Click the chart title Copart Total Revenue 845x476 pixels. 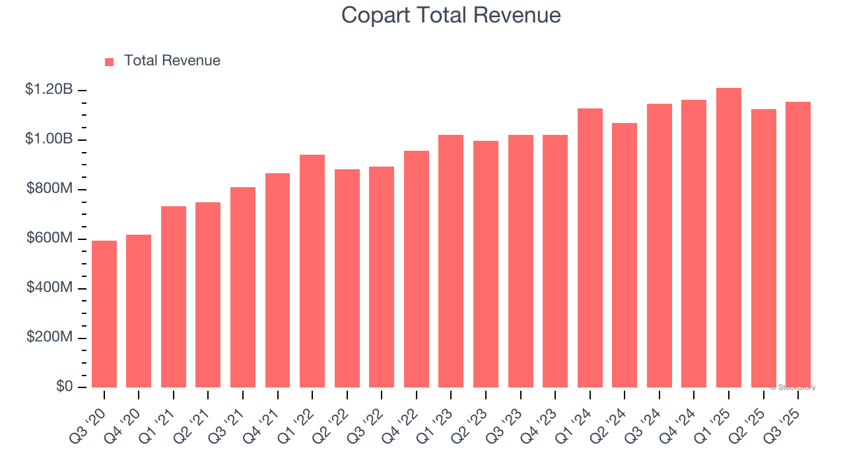click(x=451, y=15)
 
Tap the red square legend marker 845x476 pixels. click(x=110, y=61)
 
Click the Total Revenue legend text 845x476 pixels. click(x=172, y=61)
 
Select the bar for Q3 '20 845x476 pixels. click(x=104, y=314)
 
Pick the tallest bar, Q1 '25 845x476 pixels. click(x=729, y=238)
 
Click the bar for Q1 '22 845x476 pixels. click(x=312, y=271)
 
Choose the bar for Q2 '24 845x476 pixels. click(x=625, y=255)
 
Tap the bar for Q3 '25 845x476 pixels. click(x=798, y=245)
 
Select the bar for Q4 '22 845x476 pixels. click(x=417, y=269)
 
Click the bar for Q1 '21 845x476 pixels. click(x=174, y=297)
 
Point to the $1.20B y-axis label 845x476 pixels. click(x=49, y=89)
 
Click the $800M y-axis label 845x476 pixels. click(x=50, y=188)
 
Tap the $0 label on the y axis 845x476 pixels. click(x=63, y=387)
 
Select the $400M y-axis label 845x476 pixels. click(x=50, y=288)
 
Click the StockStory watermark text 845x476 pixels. click(x=793, y=387)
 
